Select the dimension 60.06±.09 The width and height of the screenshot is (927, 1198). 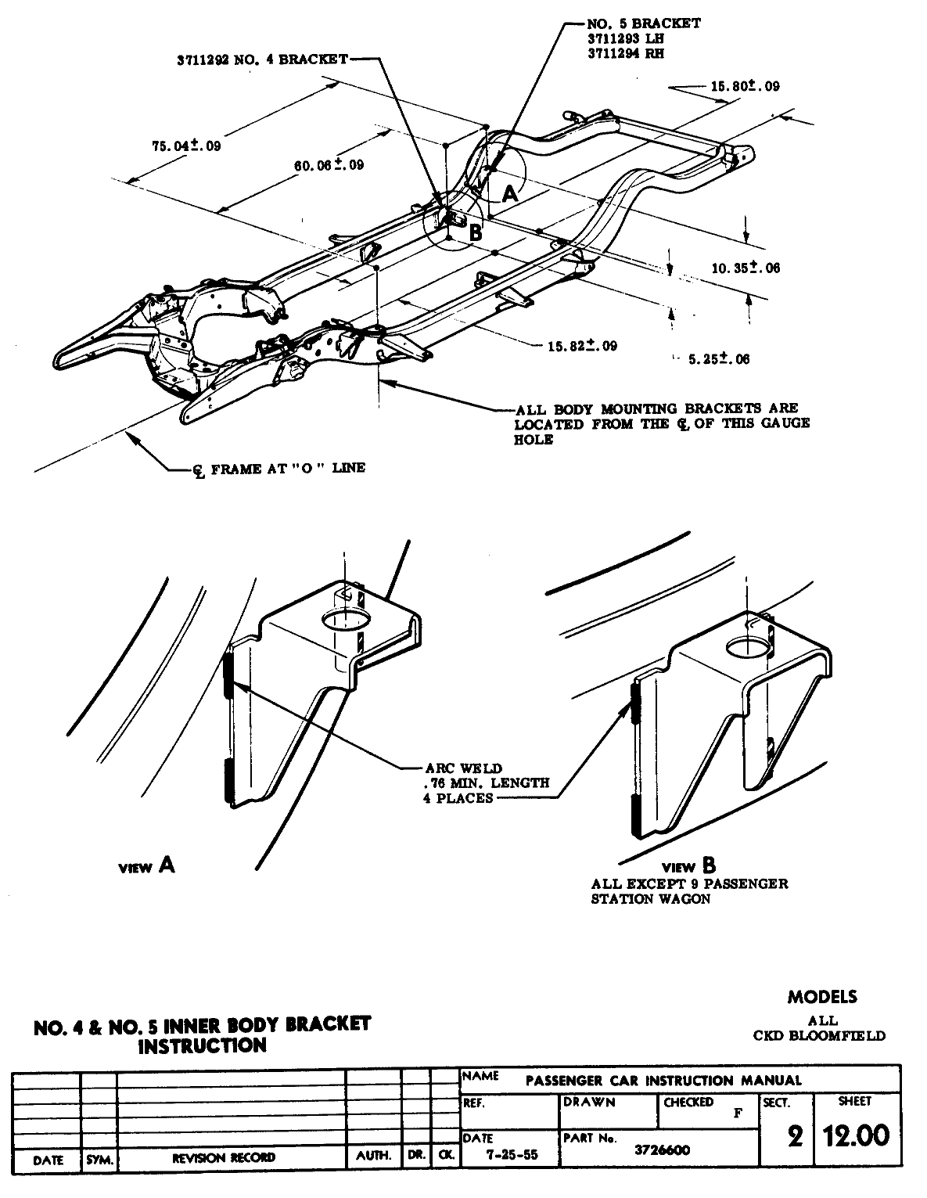tap(329, 165)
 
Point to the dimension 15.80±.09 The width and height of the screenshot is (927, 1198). tap(745, 86)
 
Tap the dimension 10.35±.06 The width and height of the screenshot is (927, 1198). tap(746, 268)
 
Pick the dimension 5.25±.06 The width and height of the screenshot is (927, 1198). tap(718, 359)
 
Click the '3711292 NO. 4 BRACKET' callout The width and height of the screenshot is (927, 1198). tap(262, 59)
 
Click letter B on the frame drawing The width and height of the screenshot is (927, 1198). tap(475, 231)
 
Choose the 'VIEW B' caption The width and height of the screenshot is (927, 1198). tap(689, 866)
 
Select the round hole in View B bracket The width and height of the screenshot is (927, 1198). tap(747, 649)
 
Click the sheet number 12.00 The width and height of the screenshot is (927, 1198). tap(853, 1135)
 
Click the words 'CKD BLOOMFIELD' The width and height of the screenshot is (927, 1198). tap(819, 1035)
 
